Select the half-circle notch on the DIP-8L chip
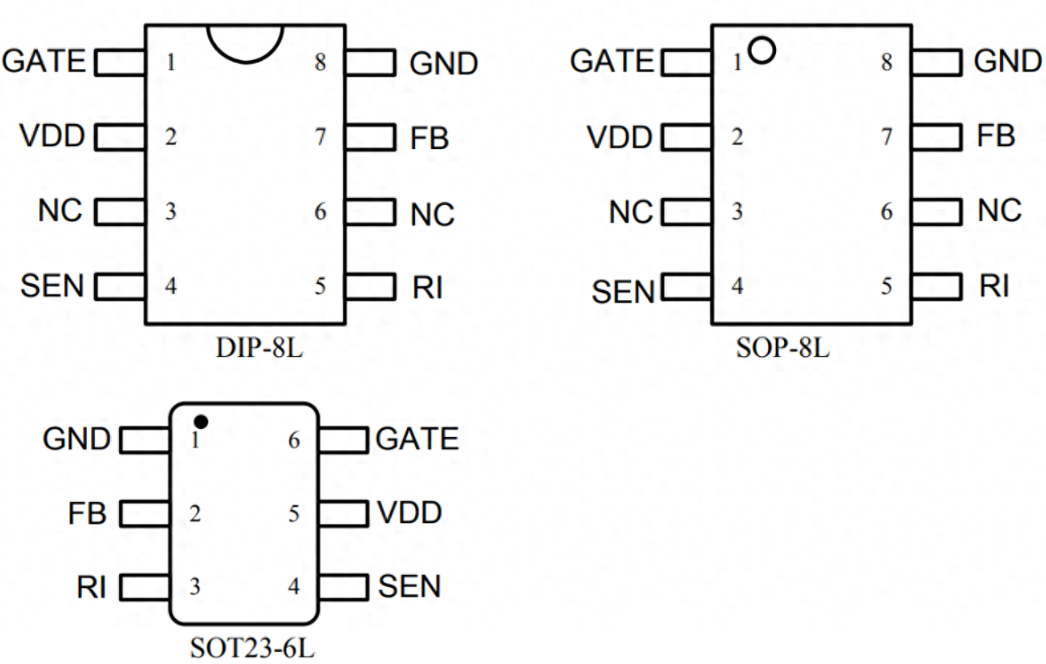coord(245,42)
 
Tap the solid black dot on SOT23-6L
coord(201,422)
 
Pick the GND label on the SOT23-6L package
coord(76,439)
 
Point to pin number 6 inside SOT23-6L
coord(294,440)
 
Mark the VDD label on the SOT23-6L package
coord(409,513)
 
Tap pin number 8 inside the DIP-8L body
coord(320,62)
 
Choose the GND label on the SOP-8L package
coord(1008,61)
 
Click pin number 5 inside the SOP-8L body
coord(887,286)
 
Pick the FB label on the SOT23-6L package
coord(87,513)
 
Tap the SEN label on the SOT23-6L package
coord(409,586)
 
